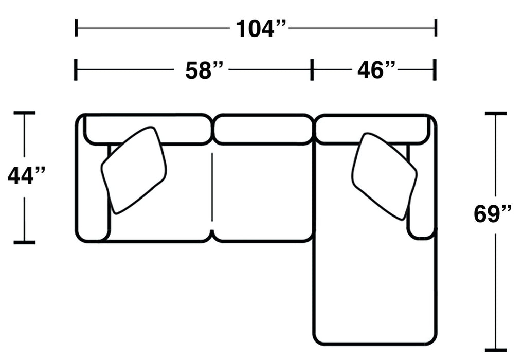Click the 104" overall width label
pyautogui.click(x=261, y=28)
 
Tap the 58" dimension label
pyautogui.click(x=204, y=70)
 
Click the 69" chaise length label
pyautogui.click(x=492, y=214)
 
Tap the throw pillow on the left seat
pyautogui.click(x=134, y=170)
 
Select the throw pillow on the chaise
pyautogui.click(x=384, y=176)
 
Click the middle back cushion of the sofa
pyautogui.click(x=263, y=130)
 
